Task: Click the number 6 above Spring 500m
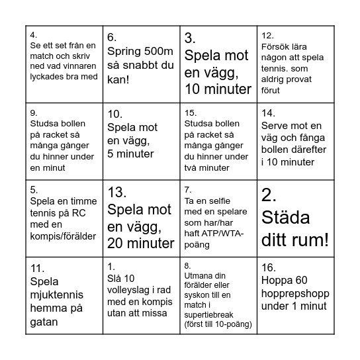(x=112, y=38)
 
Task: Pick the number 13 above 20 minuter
(x=116, y=193)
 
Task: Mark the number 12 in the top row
(x=267, y=36)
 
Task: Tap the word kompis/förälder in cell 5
(x=64, y=236)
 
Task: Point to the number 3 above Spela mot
(x=189, y=38)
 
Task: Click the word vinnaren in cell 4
(x=79, y=66)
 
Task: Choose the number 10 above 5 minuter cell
(x=114, y=113)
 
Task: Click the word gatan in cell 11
(x=44, y=322)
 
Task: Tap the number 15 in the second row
(x=191, y=112)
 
